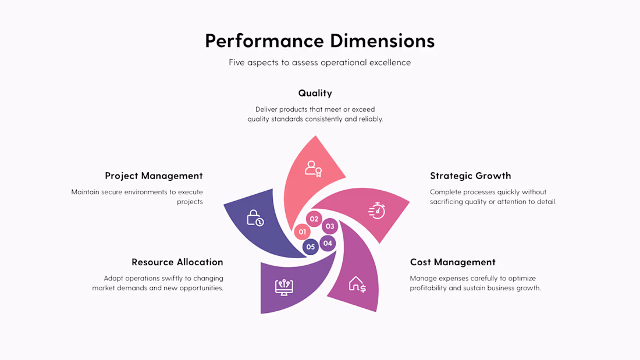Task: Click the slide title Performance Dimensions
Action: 319,41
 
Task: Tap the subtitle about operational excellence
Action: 319,62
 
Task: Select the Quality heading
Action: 315,93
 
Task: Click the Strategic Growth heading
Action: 470,176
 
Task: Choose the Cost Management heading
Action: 453,262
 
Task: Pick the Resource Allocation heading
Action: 177,262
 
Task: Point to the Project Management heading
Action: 154,176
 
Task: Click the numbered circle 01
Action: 302,232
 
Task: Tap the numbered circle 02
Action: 314,219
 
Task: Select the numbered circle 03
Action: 330,226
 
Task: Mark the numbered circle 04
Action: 328,243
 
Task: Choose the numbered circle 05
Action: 311,247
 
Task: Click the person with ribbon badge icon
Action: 314,169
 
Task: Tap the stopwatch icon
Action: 377,210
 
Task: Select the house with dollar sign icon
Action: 357,284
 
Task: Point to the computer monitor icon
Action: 284,287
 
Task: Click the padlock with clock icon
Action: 255,218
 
